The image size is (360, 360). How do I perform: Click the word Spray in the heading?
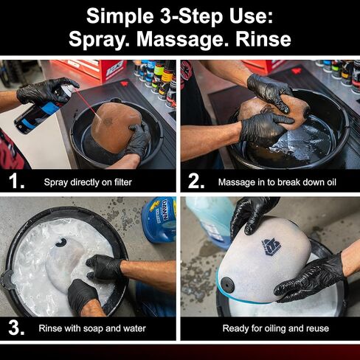pos(96,40)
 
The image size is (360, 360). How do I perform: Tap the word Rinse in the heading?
pos(263,39)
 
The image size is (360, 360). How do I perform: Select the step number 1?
pos(16,181)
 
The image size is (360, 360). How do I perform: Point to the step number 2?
pos(196,181)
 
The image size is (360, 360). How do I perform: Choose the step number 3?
pos(16,328)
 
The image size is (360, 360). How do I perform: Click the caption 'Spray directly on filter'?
pos(88,182)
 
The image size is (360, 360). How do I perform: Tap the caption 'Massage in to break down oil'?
pos(277,182)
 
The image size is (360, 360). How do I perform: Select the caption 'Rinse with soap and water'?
pos(92,328)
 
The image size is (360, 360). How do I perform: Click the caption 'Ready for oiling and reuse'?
pos(276,328)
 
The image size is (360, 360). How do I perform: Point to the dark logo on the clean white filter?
pos(270,247)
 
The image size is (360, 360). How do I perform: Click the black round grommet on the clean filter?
pos(227,285)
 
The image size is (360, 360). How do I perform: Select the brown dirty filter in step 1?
pos(116,127)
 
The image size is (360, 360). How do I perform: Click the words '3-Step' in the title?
pos(191,16)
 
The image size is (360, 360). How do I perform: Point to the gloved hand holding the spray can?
pos(46,91)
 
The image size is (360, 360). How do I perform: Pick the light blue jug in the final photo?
pos(211,222)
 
